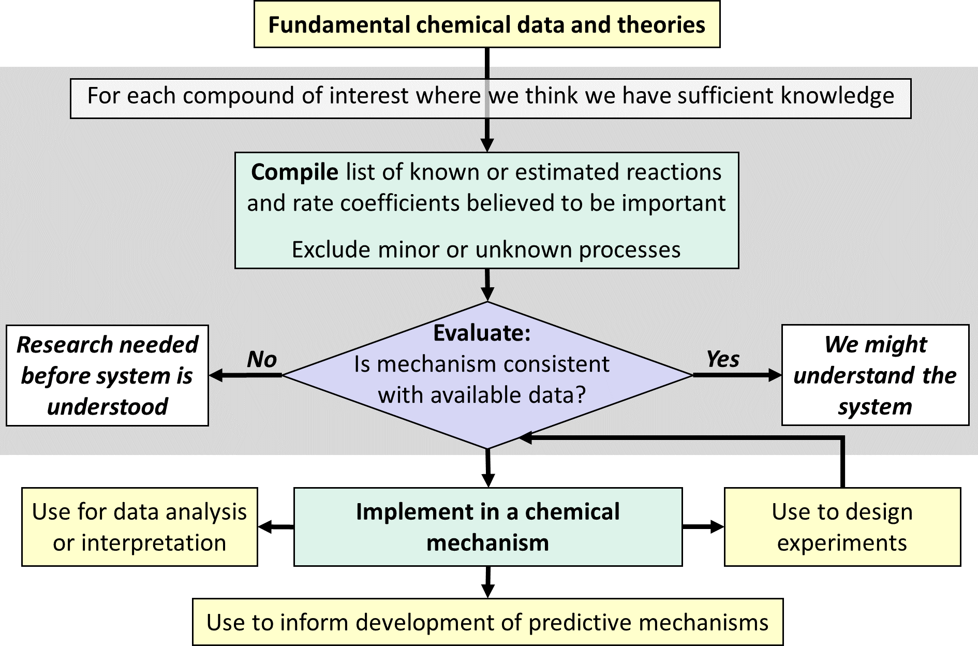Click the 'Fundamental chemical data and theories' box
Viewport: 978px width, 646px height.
point(486,24)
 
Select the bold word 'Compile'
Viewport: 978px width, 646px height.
point(294,172)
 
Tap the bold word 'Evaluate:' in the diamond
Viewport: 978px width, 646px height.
point(482,333)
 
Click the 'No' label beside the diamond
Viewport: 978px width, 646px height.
point(262,359)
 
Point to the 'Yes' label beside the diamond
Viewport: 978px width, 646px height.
point(722,359)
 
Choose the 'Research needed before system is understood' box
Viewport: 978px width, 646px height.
point(107,375)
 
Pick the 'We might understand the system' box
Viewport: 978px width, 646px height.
point(875,375)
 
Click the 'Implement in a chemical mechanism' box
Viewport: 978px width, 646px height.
point(487,527)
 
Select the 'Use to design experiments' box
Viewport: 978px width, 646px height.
point(842,527)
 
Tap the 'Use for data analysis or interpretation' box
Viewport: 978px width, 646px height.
point(139,527)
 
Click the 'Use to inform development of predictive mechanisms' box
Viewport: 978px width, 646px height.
point(487,622)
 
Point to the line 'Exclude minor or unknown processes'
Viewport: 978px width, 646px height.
point(486,249)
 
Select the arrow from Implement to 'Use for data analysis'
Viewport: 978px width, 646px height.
point(276,527)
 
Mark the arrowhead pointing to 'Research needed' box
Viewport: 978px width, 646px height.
point(216,375)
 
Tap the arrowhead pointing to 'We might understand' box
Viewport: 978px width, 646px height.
point(775,375)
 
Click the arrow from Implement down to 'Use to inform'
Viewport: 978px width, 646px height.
point(487,582)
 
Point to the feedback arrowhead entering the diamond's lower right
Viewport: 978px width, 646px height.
point(525,438)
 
